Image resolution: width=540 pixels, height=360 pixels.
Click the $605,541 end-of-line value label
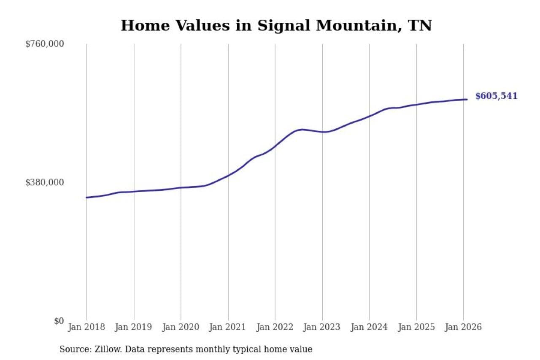496,96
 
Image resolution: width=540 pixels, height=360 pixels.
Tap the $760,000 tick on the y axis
44,44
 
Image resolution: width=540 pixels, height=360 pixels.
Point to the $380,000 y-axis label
44,182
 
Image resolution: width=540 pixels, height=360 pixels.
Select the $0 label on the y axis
59,321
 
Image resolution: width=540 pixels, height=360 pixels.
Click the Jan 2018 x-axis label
86,327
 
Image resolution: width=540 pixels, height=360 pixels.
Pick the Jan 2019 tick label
134,327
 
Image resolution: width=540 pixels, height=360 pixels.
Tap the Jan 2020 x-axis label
181,327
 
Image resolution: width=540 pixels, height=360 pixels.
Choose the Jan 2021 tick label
228,327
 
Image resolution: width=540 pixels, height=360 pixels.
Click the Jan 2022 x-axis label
275,327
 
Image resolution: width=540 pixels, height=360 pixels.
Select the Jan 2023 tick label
322,327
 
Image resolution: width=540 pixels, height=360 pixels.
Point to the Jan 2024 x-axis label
369,327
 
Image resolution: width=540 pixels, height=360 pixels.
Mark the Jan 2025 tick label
416,327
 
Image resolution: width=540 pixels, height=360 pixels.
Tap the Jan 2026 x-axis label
463,327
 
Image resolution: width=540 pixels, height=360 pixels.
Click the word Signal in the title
283,25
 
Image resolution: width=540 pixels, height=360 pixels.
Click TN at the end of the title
420,25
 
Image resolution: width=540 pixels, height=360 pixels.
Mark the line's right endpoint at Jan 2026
467,100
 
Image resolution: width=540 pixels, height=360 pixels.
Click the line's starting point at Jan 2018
86,198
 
